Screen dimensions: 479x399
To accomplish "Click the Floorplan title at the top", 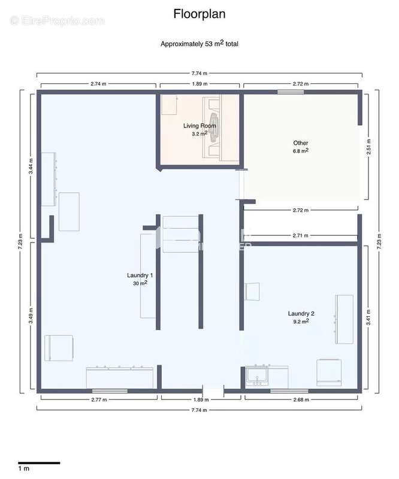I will click(x=199, y=13).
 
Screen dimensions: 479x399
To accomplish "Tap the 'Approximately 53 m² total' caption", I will click(x=199, y=44).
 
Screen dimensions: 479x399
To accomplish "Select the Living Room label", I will click(x=199, y=126).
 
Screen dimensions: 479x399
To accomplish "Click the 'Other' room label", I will click(x=300, y=143).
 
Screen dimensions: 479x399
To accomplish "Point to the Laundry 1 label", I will click(x=140, y=275).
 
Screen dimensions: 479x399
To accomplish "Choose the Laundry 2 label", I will click(x=301, y=313).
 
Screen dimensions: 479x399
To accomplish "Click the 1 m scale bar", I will click(x=38, y=463).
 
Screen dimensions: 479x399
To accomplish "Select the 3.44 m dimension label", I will click(x=31, y=165).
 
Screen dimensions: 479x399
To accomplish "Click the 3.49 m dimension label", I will click(x=31, y=316).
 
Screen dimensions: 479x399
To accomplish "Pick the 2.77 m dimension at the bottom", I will click(x=99, y=399).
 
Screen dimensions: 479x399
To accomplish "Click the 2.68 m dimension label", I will click(x=301, y=399).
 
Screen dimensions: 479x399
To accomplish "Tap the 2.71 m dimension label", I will click(x=301, y=236).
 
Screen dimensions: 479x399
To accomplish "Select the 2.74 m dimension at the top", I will click(x=99, y=84).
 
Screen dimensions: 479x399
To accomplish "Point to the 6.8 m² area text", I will click(x=301, y=151).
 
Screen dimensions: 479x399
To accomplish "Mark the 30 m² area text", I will click(x=140, y=283).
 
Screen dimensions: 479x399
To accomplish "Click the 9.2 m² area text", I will click(x=301, y=322).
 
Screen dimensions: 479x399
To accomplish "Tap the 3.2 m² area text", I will click(x=199, y=134).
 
